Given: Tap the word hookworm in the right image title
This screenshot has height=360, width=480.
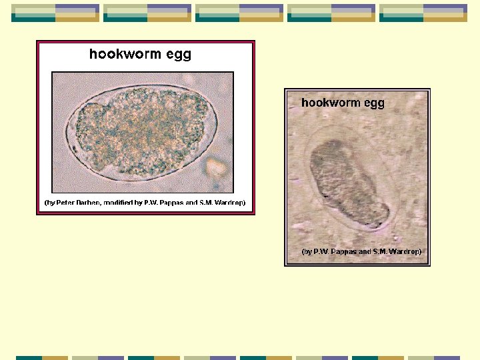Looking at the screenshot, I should tap(329, 103).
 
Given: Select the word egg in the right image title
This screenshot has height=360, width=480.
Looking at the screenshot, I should tap(374, 104).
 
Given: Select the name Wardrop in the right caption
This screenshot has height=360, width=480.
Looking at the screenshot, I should tap(404, 252).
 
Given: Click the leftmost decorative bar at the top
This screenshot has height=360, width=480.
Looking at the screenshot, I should tap(55, 13).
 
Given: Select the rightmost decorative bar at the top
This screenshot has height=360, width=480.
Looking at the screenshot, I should tap(423, 13).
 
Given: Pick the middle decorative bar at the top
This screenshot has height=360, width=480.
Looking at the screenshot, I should tap(239, 13).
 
